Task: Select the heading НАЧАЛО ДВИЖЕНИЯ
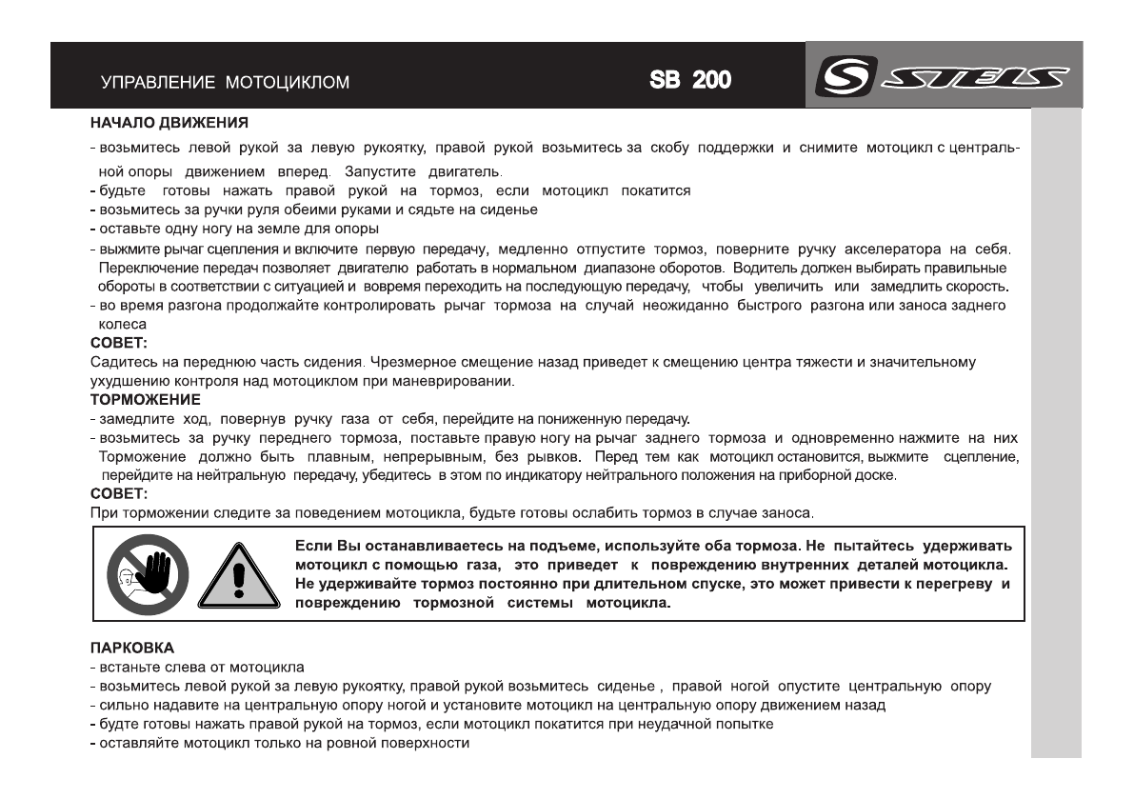click(157, 123)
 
